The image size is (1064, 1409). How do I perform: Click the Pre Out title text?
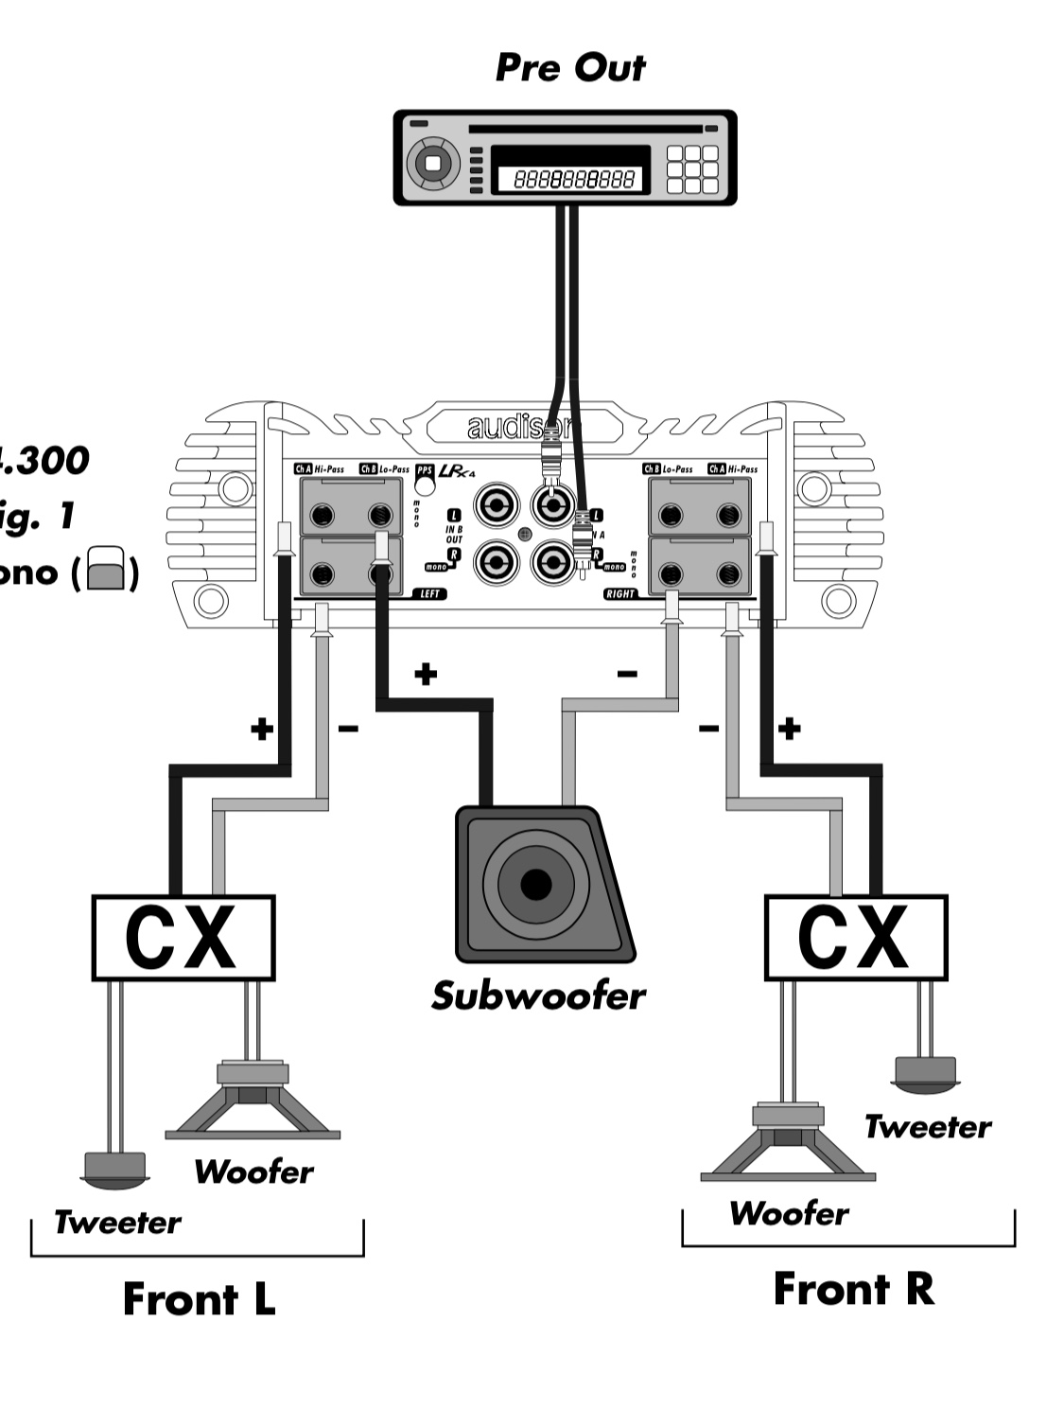(570, 68)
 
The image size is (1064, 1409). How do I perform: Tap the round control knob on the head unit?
(433, 163)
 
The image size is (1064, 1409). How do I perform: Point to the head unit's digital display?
(570, 178)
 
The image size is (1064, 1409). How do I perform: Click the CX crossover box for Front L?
(183, 938)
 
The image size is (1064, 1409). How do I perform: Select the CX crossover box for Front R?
(855, 938)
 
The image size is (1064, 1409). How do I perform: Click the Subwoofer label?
(538, 995)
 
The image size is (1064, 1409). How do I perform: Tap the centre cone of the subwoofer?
(535, 885)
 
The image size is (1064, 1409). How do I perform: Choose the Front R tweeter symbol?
(925, 1071)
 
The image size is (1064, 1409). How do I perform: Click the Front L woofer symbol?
(252, 1102)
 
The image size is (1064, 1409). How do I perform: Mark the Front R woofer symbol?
(788, 1145)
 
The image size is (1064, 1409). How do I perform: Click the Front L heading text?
(199, 1299)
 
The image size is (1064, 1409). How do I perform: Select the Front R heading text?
(853, 1289)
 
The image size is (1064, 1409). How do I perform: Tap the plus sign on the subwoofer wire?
(426, 674)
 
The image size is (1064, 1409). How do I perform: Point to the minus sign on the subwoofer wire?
(627, 674)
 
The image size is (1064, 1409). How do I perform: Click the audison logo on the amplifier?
(515, 428)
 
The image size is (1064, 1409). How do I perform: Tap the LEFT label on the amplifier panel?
(429, 594)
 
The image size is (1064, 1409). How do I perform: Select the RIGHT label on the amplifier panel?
(620, 594)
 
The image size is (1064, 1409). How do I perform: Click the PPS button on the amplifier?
(425, 483)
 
